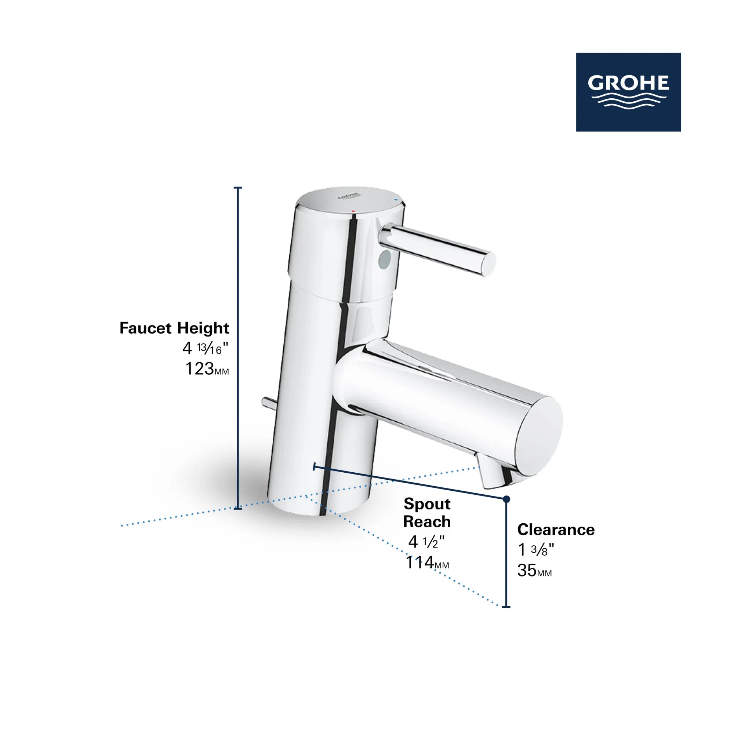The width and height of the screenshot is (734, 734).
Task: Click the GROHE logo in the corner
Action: pos(628,92)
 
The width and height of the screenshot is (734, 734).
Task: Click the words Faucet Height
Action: pos(174,328)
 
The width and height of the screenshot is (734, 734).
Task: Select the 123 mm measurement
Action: pos(207,369)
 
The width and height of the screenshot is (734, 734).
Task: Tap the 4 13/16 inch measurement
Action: pos(205,348)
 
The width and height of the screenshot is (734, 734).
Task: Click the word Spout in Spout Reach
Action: pos(427,504)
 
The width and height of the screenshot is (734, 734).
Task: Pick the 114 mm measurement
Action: pos(427,563)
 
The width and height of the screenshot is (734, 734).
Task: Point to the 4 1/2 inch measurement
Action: pos(426,542)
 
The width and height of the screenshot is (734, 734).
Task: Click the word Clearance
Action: pos(555,530)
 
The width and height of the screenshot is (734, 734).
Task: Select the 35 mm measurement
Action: pos(534,571)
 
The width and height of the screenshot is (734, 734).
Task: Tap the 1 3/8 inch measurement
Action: pos(536,550)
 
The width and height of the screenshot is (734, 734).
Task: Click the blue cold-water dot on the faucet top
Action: pos(396,199)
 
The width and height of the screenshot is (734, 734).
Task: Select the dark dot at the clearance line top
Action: pos(506,499)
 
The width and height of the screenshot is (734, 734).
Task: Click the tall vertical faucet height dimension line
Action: pos(239,348)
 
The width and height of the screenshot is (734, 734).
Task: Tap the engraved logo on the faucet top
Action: pos(348,196)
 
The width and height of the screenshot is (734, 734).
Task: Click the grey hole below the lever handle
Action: pos(385,259)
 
